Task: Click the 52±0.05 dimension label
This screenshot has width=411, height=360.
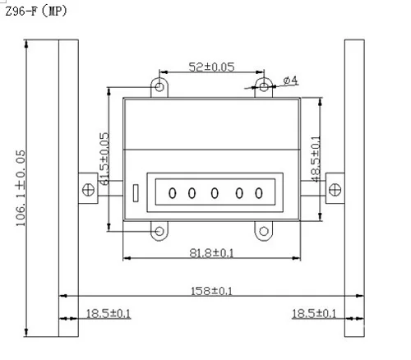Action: point(192,65)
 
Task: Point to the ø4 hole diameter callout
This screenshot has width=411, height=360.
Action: point(289,80)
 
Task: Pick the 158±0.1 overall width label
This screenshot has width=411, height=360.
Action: point(210,290)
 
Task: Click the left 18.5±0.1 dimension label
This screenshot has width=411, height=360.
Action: point(109,313)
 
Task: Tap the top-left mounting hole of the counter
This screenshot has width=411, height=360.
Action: point(159,85)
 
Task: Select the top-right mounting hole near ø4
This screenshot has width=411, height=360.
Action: point(263,85)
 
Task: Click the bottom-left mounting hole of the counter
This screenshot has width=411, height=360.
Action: point(159,232)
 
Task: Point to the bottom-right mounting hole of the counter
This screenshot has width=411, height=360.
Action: point(263,232)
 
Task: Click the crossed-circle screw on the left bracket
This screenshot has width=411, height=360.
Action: point(87,188)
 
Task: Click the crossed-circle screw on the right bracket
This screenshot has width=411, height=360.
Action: point(335,188)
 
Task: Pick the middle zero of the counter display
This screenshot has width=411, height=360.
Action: point(215,194)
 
